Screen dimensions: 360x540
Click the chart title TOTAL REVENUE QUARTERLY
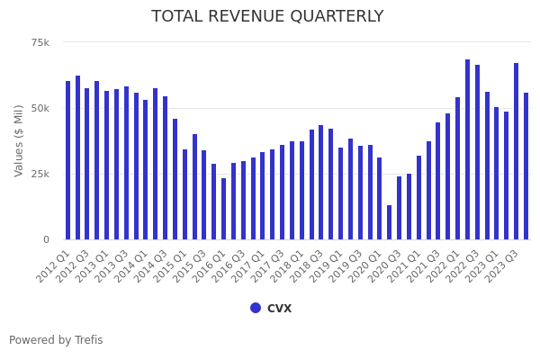point(267,16)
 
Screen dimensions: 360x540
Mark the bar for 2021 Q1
point(418,197)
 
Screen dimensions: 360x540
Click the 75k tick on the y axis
point(40,42)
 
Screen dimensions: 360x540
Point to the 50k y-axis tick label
point(40,108)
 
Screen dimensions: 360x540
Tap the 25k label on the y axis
point(40,174)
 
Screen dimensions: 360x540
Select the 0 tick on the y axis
point(46,239)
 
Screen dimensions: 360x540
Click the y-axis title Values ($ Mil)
point(19,140)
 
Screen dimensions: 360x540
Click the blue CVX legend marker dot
point(256,308)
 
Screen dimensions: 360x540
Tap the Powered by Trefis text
point(56,340)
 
